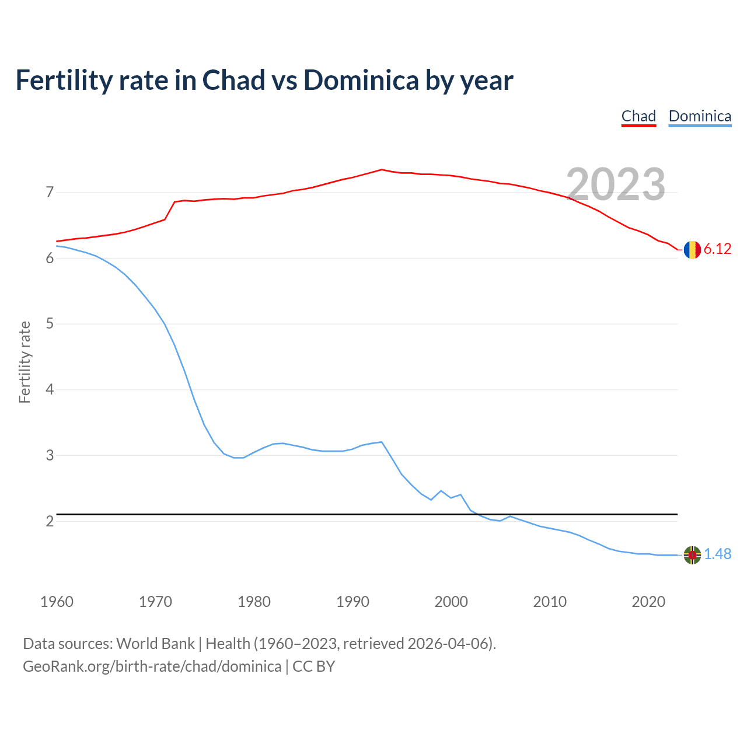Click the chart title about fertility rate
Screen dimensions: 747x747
(264, 81)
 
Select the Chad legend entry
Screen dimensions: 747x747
(638, 116)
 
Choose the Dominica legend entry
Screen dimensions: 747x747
(700, 116)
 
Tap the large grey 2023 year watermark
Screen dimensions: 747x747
(616, 184)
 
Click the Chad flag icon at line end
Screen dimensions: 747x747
(692, 249)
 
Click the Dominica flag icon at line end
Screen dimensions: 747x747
(692, 555)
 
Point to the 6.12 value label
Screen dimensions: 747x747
(717, 249)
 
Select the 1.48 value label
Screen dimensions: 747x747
(717, 554)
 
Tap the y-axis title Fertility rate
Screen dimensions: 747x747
(25, 362)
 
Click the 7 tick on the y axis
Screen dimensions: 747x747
(50, 192)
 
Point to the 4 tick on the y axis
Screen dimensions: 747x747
(50, 389)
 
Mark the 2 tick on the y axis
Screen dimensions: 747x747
(50, 521)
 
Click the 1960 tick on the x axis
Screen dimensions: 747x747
(57, 602)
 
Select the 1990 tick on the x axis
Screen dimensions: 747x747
(352, 602)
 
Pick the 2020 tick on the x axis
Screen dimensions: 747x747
(648, 602)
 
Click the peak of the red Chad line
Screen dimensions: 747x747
(382, 170)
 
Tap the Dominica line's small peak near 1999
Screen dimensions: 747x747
(441, 491)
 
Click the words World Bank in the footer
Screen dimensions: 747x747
(155, 644)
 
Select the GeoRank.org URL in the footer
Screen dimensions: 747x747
(152, 666)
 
